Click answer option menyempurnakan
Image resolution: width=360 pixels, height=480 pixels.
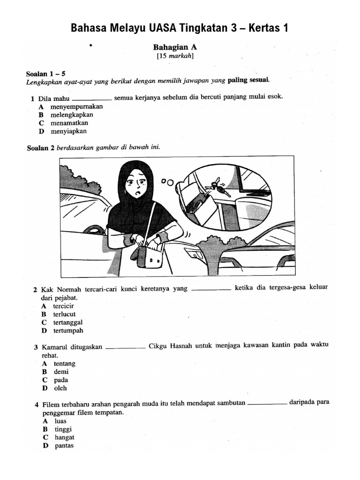(76, 106)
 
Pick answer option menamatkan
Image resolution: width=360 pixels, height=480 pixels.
(69, 123)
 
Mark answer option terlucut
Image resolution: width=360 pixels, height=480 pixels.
(64, 315)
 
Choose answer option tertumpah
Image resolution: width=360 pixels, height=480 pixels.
(68, 330)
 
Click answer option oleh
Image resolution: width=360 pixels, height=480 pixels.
(60, 388)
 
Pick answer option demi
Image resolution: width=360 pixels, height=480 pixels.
(61, 372)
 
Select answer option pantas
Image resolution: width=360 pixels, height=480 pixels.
(64, 446)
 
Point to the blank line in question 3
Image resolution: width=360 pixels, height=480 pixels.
(126, 348)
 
